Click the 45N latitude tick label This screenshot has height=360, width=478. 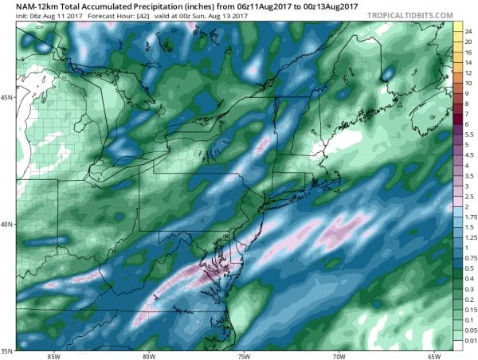coord(7,98)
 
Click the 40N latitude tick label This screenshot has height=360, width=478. coord(7,224)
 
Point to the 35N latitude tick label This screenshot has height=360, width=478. coord(7,350)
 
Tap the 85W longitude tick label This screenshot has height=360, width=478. coord(53,355)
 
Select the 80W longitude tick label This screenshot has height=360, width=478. coord(148,355)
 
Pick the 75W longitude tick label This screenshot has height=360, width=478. coord(243,355)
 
